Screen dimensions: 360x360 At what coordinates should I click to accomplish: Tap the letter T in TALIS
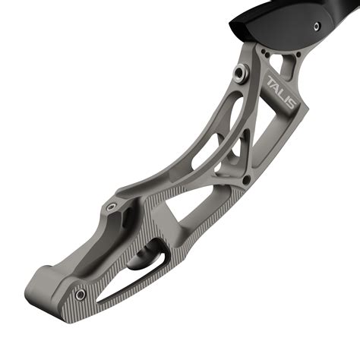(271, 80)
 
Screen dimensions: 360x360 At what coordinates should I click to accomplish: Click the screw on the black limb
(317, 25)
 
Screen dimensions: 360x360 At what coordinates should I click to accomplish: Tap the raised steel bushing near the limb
(241, 72)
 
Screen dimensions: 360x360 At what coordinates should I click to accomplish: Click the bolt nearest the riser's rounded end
(80, 293)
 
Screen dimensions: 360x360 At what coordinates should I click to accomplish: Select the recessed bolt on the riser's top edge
(112, 205)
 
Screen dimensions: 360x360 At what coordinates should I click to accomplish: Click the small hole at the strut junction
(245, 180)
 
